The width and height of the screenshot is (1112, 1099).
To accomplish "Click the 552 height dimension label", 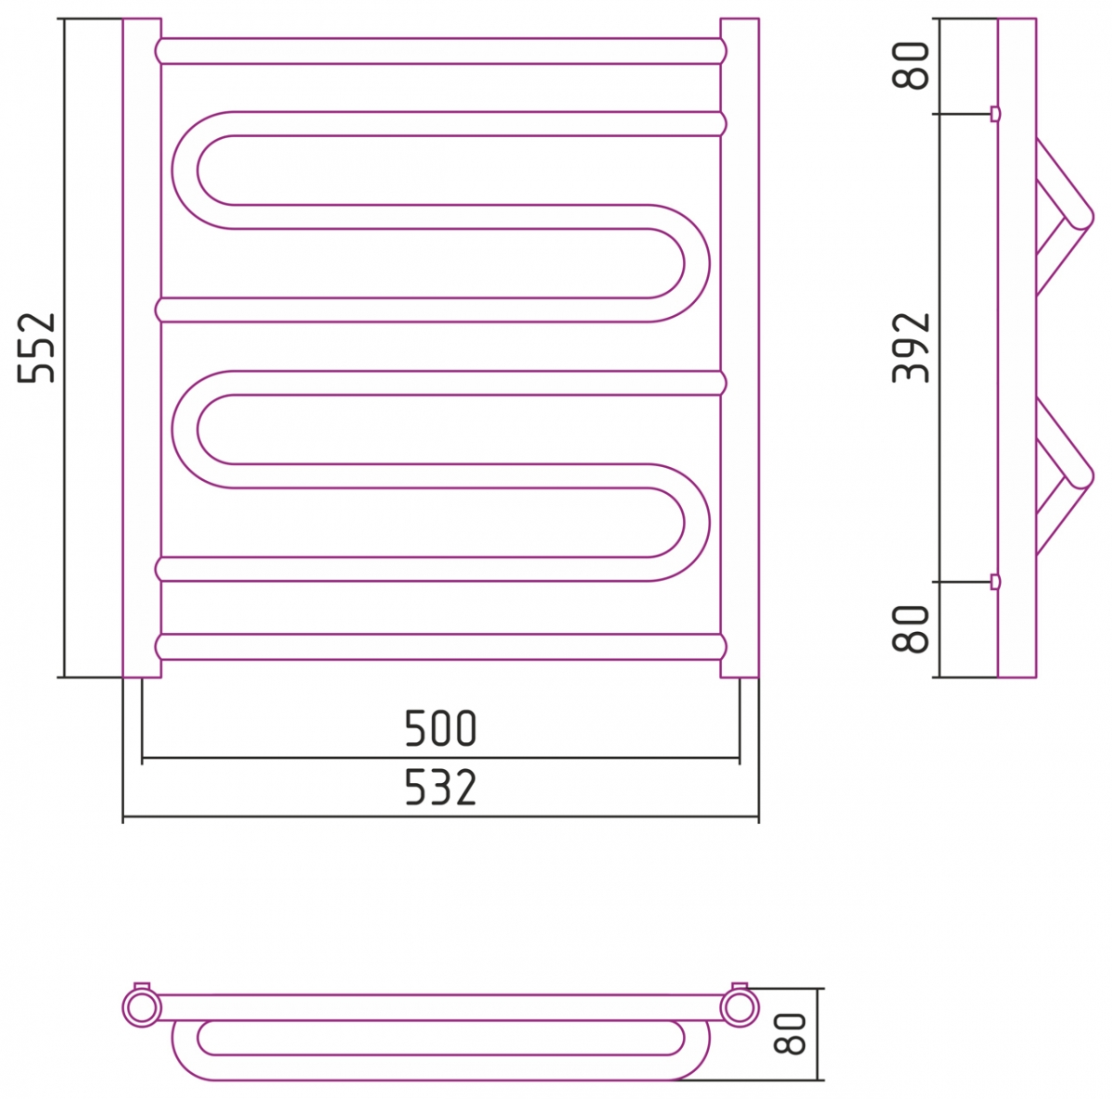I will [39, 347].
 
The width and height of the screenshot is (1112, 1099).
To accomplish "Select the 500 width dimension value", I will [440, 730].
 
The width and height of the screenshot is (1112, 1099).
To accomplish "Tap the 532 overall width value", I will [440, 789].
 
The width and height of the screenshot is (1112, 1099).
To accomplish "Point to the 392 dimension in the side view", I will [912, 347].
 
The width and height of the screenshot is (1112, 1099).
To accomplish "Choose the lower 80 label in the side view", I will [912, 628].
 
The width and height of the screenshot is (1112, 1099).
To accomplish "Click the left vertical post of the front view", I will [142, 347].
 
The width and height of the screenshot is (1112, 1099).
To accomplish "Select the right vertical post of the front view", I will [739, 347].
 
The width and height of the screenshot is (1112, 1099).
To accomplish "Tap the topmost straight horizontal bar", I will [440, 51].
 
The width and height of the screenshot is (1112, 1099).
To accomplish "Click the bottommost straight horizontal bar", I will [440, 647].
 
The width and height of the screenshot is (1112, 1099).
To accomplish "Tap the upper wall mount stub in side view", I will [995, 114].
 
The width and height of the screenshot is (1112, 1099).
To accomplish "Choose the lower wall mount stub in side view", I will [995, 582].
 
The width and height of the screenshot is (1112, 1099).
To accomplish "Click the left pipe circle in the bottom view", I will [142, 1007].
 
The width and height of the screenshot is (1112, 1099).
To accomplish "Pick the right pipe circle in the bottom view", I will [739, 1007].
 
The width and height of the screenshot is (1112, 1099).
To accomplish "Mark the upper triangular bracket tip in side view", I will [1081, 220].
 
